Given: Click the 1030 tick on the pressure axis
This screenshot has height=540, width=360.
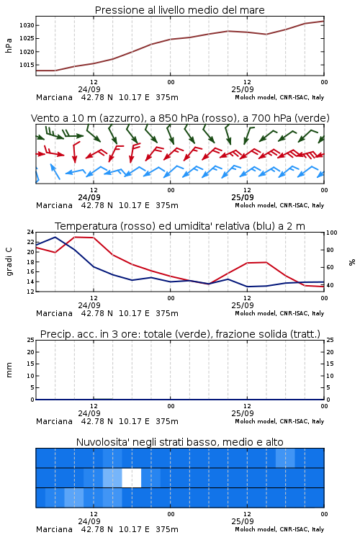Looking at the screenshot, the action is [27, 25].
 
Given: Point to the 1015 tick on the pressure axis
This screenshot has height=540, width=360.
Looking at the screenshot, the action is [27, 65].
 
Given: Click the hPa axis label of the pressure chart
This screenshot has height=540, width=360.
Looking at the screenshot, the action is [9, 45].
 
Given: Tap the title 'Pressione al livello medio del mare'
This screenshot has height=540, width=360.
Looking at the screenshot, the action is [180, 10].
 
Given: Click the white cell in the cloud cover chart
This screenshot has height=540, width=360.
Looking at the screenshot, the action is [132, 477].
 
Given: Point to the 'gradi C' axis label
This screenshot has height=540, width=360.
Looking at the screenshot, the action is [9, 261].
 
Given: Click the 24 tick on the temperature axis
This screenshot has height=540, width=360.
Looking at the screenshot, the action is [31, 232].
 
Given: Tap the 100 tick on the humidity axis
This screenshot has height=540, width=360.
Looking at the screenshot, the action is [332, 233].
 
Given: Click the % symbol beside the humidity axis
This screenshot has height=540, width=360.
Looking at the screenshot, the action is [352, 262].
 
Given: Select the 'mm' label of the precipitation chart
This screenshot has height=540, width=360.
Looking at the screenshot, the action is [9, 370].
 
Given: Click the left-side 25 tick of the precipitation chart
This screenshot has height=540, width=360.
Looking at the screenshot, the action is [31, 340].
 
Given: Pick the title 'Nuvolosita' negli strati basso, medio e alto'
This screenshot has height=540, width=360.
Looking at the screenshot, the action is [180, 442].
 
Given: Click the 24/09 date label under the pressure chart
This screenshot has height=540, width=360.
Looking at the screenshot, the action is [89, 89].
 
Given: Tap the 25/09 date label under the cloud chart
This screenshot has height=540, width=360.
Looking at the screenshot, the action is [243, 521].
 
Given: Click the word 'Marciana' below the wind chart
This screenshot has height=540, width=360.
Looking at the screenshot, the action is [54, 205].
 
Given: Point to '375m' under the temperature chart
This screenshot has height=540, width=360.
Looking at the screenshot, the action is [167, 313].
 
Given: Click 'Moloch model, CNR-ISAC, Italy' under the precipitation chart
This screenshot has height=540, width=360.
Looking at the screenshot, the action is [279, 421].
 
